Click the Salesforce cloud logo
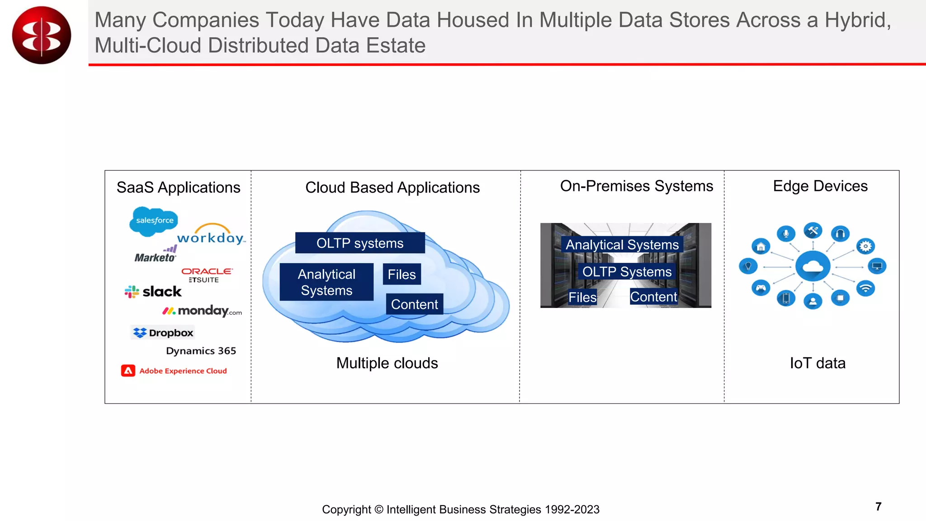pyautogui.click(x=154, y=221)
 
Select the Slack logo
pyautogui.click(x=153, y=292)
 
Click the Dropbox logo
pyautogui.click(x=163, y=333)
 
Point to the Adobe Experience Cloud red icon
pyautogui.click(x=128, y=371)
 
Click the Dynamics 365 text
pyautogui.click(x=201, y=351)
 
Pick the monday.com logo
pyautogui.click(x=202, y=311)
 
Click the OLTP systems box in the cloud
pyautogui.click(x=360, y=243)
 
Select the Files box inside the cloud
pyautogui.click(x=402, y=275)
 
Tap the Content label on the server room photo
pyautogui.click(x=653, y=297)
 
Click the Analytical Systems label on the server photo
pyautogui.click(x=622, y=245)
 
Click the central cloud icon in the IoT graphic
pyautogui.click(x=813, y=266)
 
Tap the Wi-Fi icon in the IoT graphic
pyautogui.click(x=865, y=289)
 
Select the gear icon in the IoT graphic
pyautogui.click(x=865, y=246)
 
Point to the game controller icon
pyautogui.click(x=761, y=288)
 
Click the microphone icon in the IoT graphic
pyautogui.click(x=786, y=233)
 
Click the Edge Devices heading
pyautogui.click(x=820, y=186)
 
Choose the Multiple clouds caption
pyautogui.click(x=387, y=363)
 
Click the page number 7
pyautogui.click(x=878, y=507)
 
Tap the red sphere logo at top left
pyautogui.click(x=42, y=35)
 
